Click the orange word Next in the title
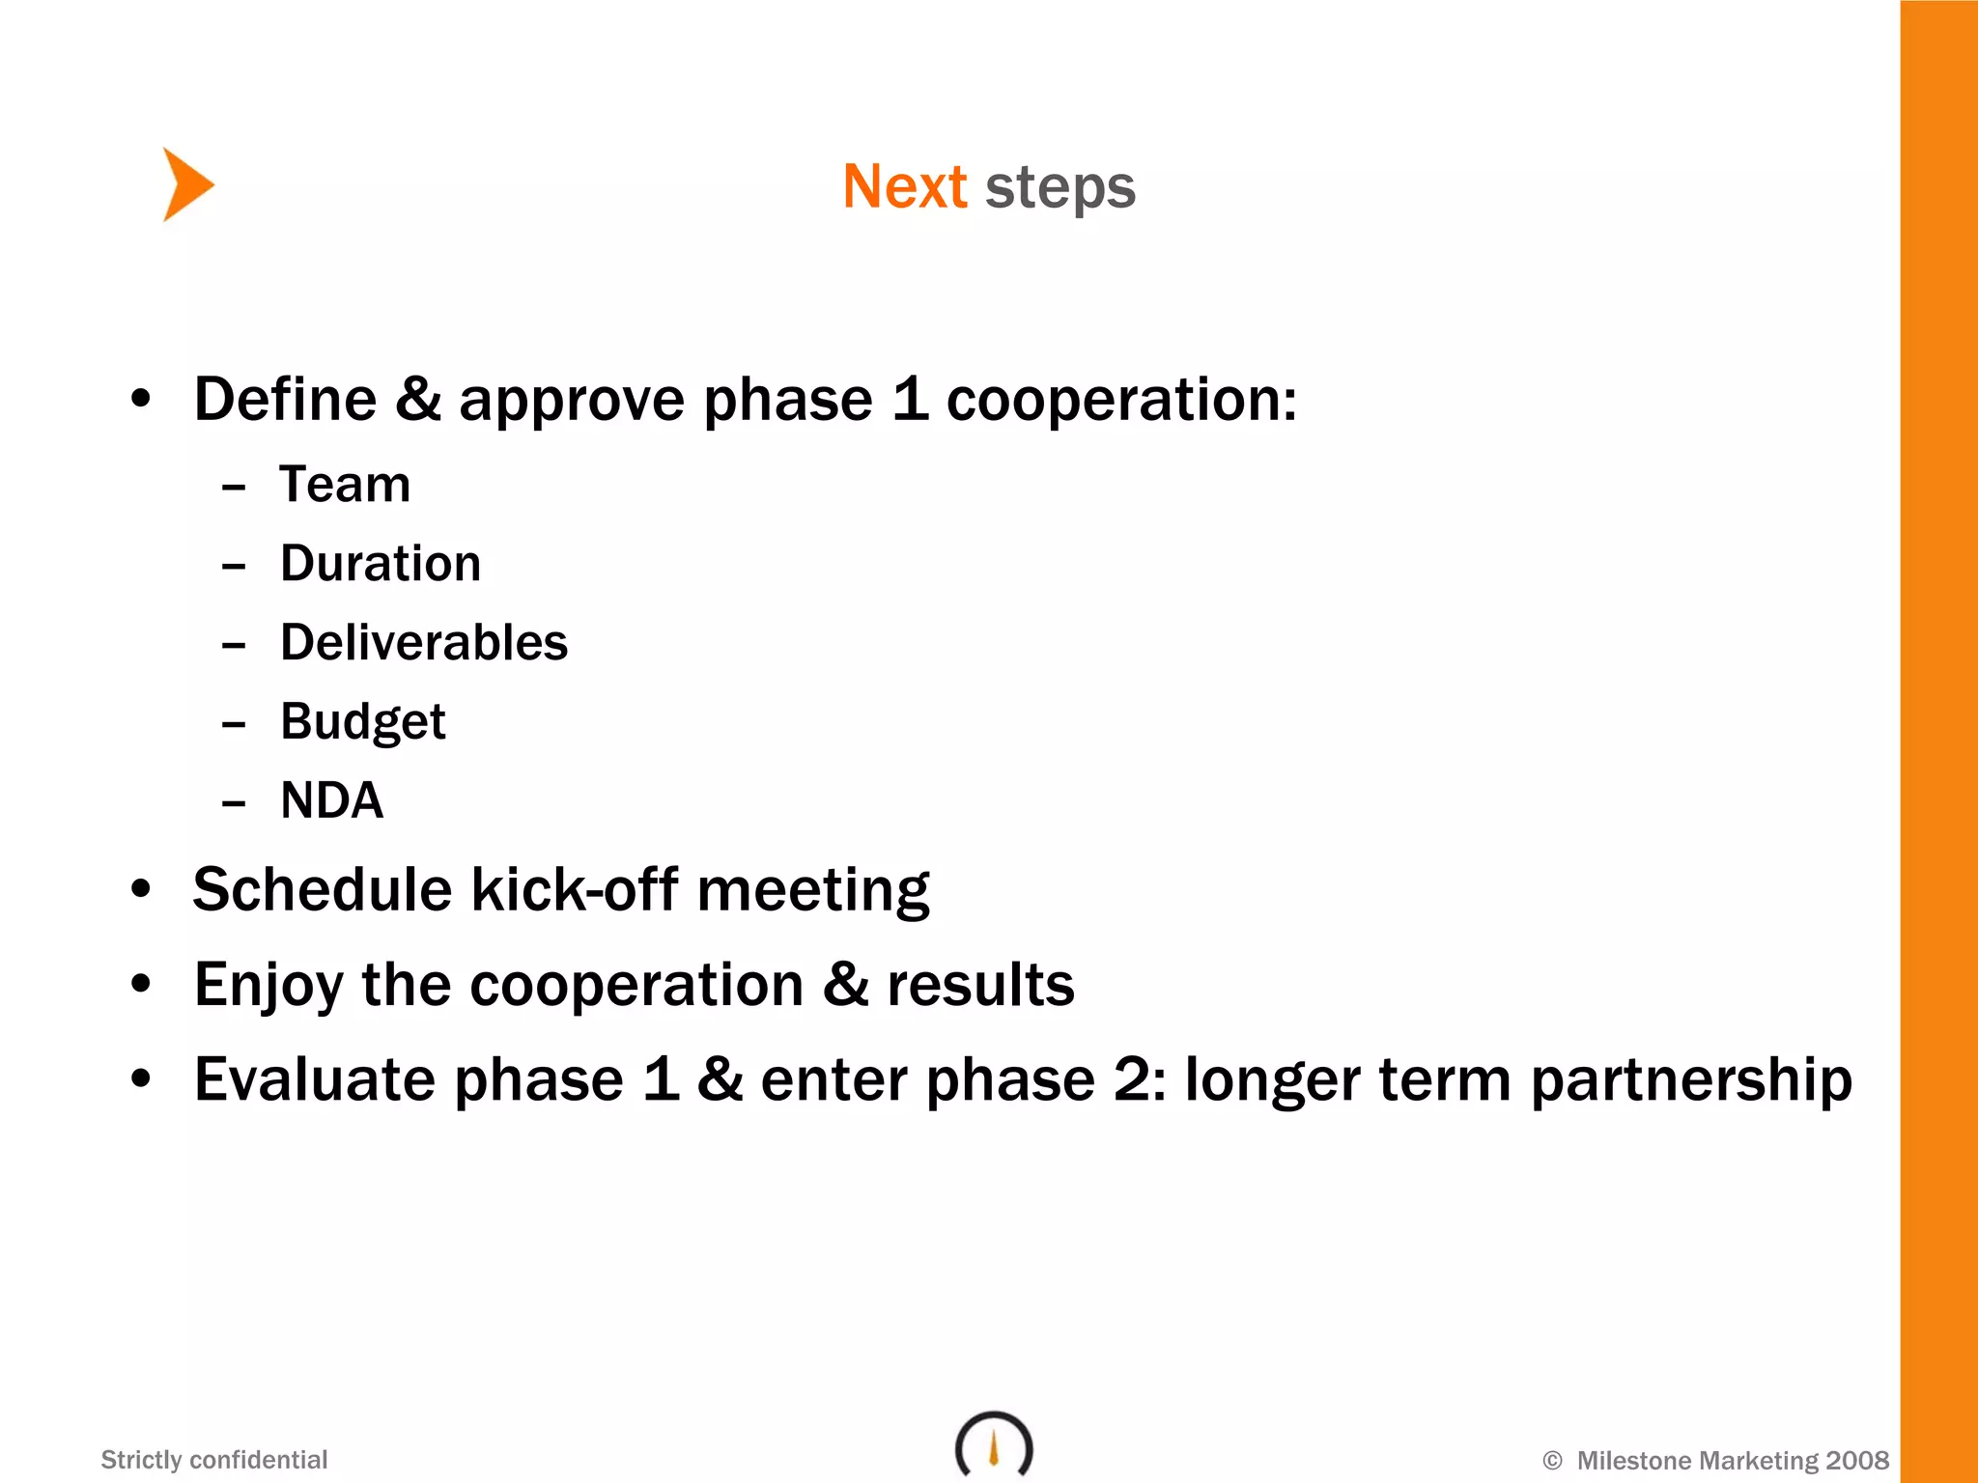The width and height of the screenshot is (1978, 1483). (904, 186)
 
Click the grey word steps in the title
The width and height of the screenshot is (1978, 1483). (1060, 188)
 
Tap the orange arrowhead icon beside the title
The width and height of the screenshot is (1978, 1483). (186, 184)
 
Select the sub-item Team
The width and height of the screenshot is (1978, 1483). (345, 484)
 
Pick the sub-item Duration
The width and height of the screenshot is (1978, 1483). (381, 563)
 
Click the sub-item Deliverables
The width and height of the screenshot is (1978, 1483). (424, 642)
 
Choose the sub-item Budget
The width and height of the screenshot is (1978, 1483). (363, 722)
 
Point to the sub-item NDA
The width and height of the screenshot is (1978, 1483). (331, 800)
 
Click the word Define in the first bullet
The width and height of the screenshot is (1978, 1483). (285, 399)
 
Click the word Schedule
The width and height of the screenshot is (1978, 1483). (322, 889)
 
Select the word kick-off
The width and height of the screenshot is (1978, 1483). (574, 889)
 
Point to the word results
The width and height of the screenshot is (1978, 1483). (980, 985)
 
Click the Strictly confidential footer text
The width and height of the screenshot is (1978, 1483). (214, 1460)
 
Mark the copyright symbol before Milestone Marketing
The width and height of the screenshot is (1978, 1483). (1552, 1461)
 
